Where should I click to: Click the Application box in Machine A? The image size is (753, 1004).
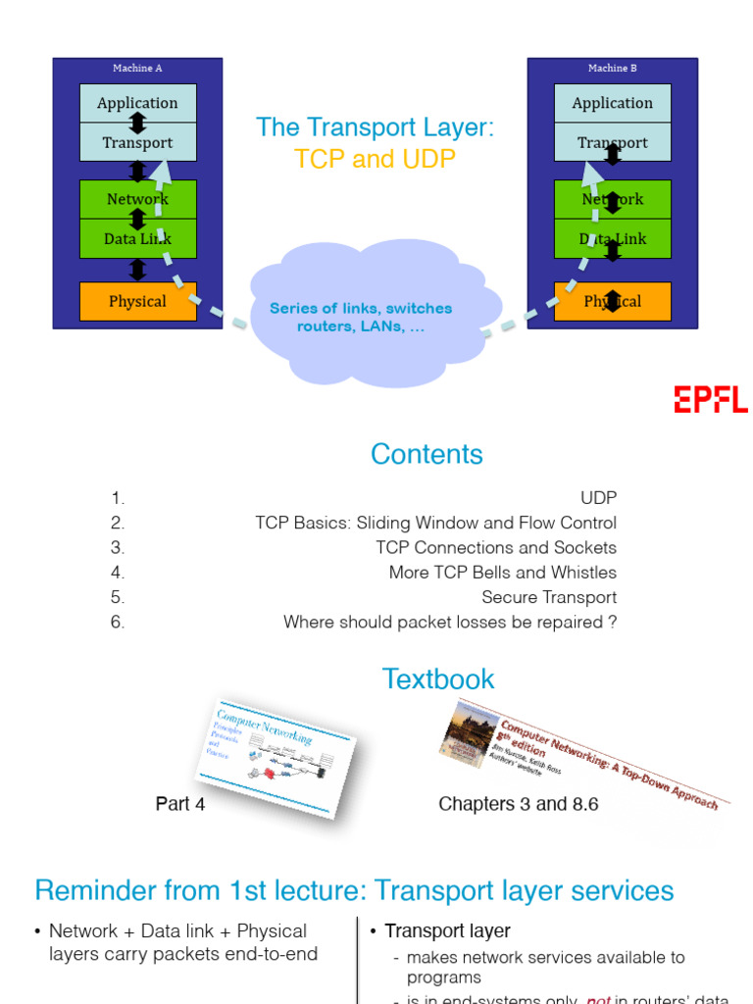[137, 103]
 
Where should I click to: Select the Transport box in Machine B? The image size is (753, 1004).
[613, 143]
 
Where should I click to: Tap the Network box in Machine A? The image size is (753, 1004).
[137, 199]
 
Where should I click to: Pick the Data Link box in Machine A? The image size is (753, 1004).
[137, 238]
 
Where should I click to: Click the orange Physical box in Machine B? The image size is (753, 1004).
[613, 301]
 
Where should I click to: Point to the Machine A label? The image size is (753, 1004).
[137, 69]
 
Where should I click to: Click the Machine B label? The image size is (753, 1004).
[613, 69]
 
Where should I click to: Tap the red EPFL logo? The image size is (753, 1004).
[710, 399]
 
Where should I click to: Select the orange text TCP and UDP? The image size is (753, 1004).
[376, 159]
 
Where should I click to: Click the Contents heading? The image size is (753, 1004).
[427, 454]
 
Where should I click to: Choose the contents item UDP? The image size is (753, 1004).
[598, 498]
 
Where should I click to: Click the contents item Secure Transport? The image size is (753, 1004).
[549, 597]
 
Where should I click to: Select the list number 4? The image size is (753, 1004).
[118, 573]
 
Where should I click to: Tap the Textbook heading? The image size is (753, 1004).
[438, 678]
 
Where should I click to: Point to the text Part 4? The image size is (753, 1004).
[180, 804]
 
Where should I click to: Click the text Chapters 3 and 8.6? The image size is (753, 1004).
[519, 804]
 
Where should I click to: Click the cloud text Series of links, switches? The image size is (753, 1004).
[361, 309]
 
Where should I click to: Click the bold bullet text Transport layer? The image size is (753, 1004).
[447, 930]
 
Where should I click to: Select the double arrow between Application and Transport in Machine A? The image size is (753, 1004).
[138, 123]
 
